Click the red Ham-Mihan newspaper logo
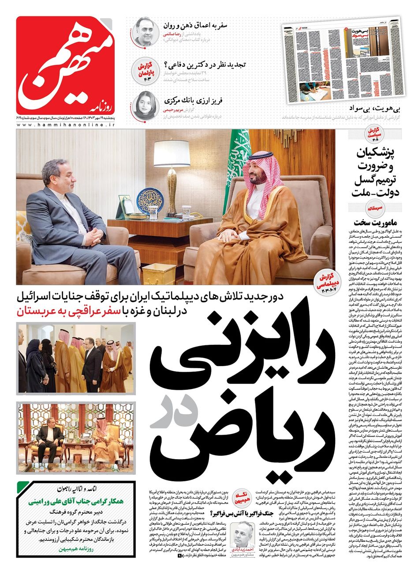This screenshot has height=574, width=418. click(66, 65)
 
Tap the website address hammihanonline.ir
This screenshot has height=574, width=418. click(66, 125)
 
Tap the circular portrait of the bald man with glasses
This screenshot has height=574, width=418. click(144, 30)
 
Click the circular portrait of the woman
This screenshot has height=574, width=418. click(144, 105)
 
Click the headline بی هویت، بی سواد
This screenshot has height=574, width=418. click(377, 108)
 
